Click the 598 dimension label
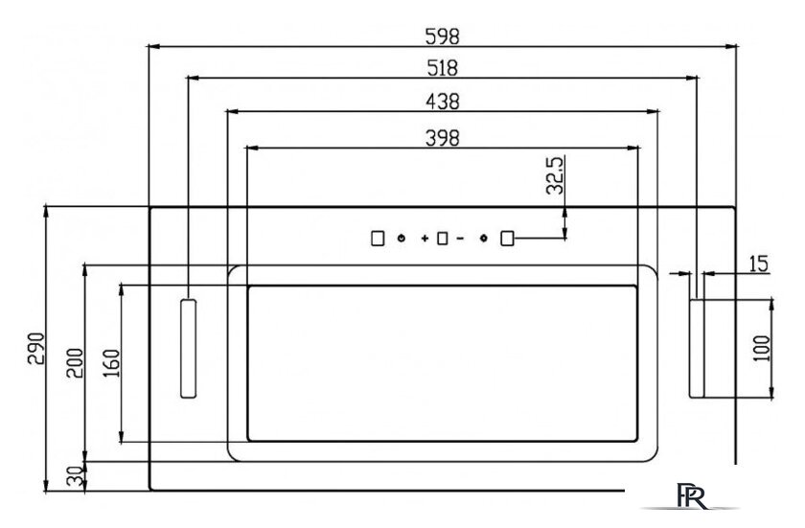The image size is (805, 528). click(442, 36)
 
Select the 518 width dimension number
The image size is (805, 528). click(442, 68)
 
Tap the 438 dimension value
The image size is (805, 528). click(443, 102)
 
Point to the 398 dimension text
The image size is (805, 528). click(443, 138)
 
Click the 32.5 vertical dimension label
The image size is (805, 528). click(555, 175)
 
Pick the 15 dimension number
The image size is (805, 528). click(758, 264)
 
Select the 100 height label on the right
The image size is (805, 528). click(762, 349)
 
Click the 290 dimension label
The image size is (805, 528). click(36, 349)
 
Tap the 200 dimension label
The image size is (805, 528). click(75, 363)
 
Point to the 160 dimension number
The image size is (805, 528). click(111, 363)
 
